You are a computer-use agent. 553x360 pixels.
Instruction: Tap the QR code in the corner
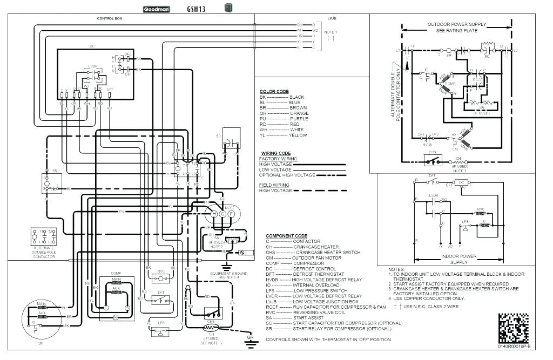[x=513, y=327]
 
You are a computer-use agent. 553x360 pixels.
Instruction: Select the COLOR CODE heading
[x=274, y=91]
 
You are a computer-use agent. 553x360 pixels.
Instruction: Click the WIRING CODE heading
[x=276, y=153]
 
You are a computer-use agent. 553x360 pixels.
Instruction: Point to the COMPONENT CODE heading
[x=286, y=236]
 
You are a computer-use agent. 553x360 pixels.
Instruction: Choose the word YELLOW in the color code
[x=298, y=135]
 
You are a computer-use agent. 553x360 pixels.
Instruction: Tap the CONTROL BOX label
[x=109, y=18]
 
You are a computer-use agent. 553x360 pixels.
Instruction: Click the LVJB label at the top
[x=332, y=18]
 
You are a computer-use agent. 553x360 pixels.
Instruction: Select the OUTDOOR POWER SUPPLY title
[x=457, y=24]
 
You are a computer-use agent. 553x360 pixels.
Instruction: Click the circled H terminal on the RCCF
[x=213, y=214]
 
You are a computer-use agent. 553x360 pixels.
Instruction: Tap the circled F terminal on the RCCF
[x=232, y=214]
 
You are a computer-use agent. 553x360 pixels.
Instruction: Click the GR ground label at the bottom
[x=249, y=339]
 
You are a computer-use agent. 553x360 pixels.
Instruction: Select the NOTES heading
[x=397, y=269]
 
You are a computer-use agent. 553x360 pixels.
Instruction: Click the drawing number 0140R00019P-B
[x=514, y=346]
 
